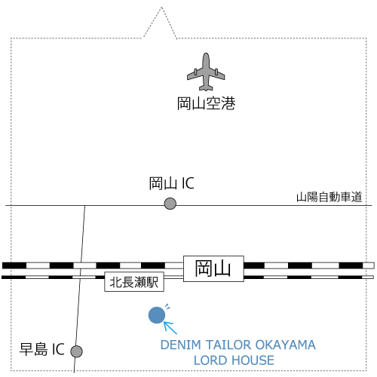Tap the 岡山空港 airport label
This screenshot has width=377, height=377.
pos(206,103)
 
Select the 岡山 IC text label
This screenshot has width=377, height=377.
pos(171,183)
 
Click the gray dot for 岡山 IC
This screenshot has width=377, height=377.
pos(170,204)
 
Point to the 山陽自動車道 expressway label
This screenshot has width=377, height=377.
pos(329,197)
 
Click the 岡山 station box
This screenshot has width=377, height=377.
pos(213,268)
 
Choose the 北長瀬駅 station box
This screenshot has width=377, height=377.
pos(134,282)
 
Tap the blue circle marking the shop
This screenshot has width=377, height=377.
pos(157,315)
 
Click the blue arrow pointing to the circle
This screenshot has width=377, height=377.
pos(170,327)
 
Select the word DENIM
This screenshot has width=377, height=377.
pos(181,345)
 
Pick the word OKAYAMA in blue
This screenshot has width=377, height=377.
pos(285,345)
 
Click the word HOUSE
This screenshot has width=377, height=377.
pos(253,360)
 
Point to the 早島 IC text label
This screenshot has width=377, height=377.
pos(42,349)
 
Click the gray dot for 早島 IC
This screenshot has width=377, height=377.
pos(76,351)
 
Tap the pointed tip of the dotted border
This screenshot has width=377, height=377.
pos(161,8)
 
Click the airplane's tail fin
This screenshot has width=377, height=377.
pos(206,87)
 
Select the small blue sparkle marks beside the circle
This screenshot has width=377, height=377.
pos(167,307)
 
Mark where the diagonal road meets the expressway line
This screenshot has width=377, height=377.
pos(84,206)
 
